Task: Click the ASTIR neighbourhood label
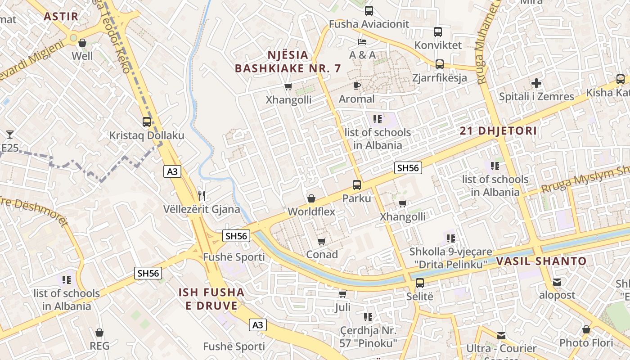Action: point(61,17)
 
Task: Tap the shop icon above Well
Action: point(82,43)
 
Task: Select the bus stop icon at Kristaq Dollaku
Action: point(147,121)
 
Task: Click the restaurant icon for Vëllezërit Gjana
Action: point(202,195)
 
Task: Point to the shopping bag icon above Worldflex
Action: point(311,198)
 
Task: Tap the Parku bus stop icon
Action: point(356,184)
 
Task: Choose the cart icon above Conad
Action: point(321,242)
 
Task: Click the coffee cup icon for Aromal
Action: point(357,85)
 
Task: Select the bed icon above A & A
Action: point(362,42)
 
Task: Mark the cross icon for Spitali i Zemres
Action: point(536,83)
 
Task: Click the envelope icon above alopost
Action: point(557,282)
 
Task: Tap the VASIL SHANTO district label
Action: point(541,261)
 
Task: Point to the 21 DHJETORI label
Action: point(498,131)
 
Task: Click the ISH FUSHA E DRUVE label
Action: point(211,299)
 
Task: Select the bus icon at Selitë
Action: point(419,283)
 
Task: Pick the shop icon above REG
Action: point(99,333)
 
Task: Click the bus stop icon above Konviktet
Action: point(438,32)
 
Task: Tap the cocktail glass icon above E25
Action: point(9,134)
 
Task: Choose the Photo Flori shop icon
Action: point(586,330)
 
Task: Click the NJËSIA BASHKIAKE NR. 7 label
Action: point(288,62)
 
